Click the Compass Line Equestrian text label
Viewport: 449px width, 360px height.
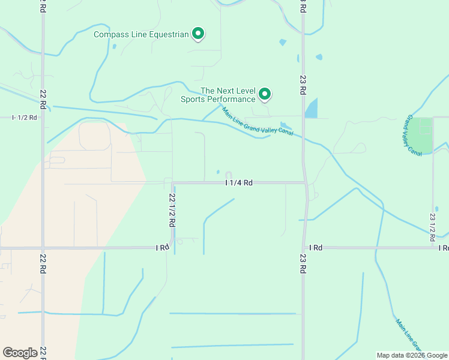tap(141, 34)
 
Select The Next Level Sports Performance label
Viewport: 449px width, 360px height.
tap(218, 95)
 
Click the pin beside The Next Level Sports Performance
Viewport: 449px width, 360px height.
tap(265, 94)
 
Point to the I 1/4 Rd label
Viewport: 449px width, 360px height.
tap(238, 182)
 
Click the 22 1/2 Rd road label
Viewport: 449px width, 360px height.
tap(172, 209)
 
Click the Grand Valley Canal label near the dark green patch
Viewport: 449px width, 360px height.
tap(415, 135)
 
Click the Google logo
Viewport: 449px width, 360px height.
tap(20, 353)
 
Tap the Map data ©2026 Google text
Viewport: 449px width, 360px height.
tap(412, 355)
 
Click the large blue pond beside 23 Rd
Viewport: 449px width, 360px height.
tap(311, 109)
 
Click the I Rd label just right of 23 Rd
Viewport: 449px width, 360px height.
tap(316, 247)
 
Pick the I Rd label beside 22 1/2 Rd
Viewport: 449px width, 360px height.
tap(162, 247)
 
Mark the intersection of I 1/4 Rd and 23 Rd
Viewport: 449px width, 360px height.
tap(305, 182)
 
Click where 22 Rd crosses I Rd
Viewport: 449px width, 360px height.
tap(43, 247)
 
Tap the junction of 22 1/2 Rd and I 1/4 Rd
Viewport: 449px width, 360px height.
tap(172, 182)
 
